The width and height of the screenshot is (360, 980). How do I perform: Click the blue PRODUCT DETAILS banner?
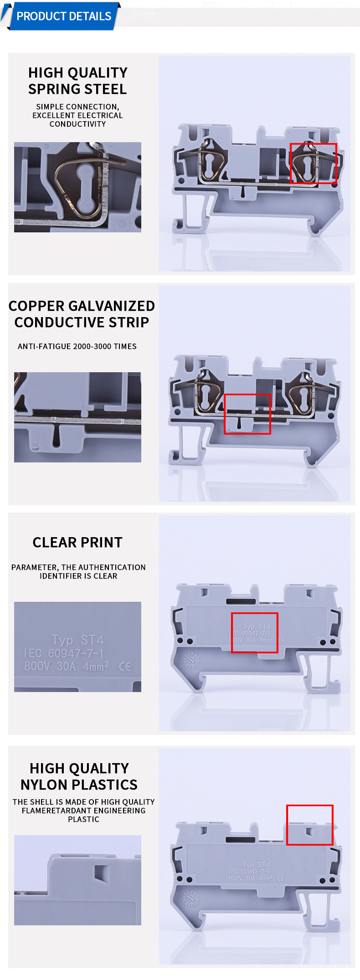tap(64, 16)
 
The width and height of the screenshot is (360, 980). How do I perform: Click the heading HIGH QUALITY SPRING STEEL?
tap(77, 81)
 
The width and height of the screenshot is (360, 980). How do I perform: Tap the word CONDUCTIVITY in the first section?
tap(77, 124)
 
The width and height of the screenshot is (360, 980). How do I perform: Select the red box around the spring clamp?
tap(313, 163)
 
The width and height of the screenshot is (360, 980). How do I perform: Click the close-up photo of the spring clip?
tap(77, 187)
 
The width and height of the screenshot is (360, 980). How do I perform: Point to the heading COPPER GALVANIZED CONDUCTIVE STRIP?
tap(82, 314)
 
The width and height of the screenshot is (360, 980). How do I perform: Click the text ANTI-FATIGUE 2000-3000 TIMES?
tap(77, 346)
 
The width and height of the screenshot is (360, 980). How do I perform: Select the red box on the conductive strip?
tap(247, 414)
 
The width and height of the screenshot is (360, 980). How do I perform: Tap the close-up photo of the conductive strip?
tap(77, 417)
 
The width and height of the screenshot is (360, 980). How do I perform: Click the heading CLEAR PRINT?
tap(77, 542)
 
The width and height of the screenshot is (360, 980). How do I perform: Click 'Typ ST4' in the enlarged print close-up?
tap(77, 640)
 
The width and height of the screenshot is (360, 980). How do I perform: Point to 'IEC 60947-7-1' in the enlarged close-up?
tap(64, 653)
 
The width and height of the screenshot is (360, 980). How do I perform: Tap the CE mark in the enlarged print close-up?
tap(124, 667)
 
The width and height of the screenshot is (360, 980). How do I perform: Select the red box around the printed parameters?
tap(254, 632)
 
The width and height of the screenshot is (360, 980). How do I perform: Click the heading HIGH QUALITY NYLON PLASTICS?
tap(79, 776)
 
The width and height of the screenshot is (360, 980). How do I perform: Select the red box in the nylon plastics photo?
tap(309, 825)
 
